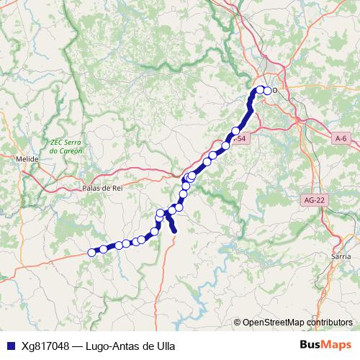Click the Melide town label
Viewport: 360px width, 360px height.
27,158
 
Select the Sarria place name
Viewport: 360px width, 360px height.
341,256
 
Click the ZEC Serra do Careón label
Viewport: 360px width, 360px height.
66,147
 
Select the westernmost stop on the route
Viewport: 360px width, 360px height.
91,252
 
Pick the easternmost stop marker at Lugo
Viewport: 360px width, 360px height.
268,91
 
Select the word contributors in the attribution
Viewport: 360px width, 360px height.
330,323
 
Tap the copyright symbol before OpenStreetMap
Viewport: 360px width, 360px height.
237,323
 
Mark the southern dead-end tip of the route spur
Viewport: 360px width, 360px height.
174,230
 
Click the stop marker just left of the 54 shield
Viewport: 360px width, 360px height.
226,145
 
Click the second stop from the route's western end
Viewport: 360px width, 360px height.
103,249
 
